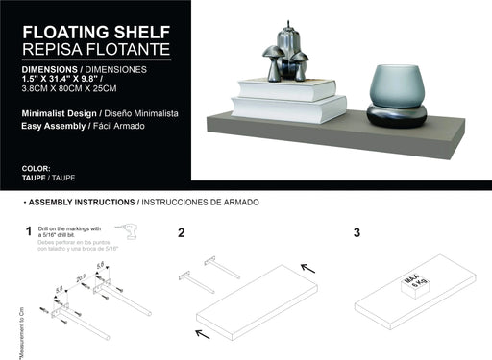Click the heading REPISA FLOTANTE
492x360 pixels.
[95, 48]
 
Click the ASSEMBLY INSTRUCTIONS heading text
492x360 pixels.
[82, 203]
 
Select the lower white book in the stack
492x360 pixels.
[289, 108]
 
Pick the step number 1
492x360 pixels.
[30, 231]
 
